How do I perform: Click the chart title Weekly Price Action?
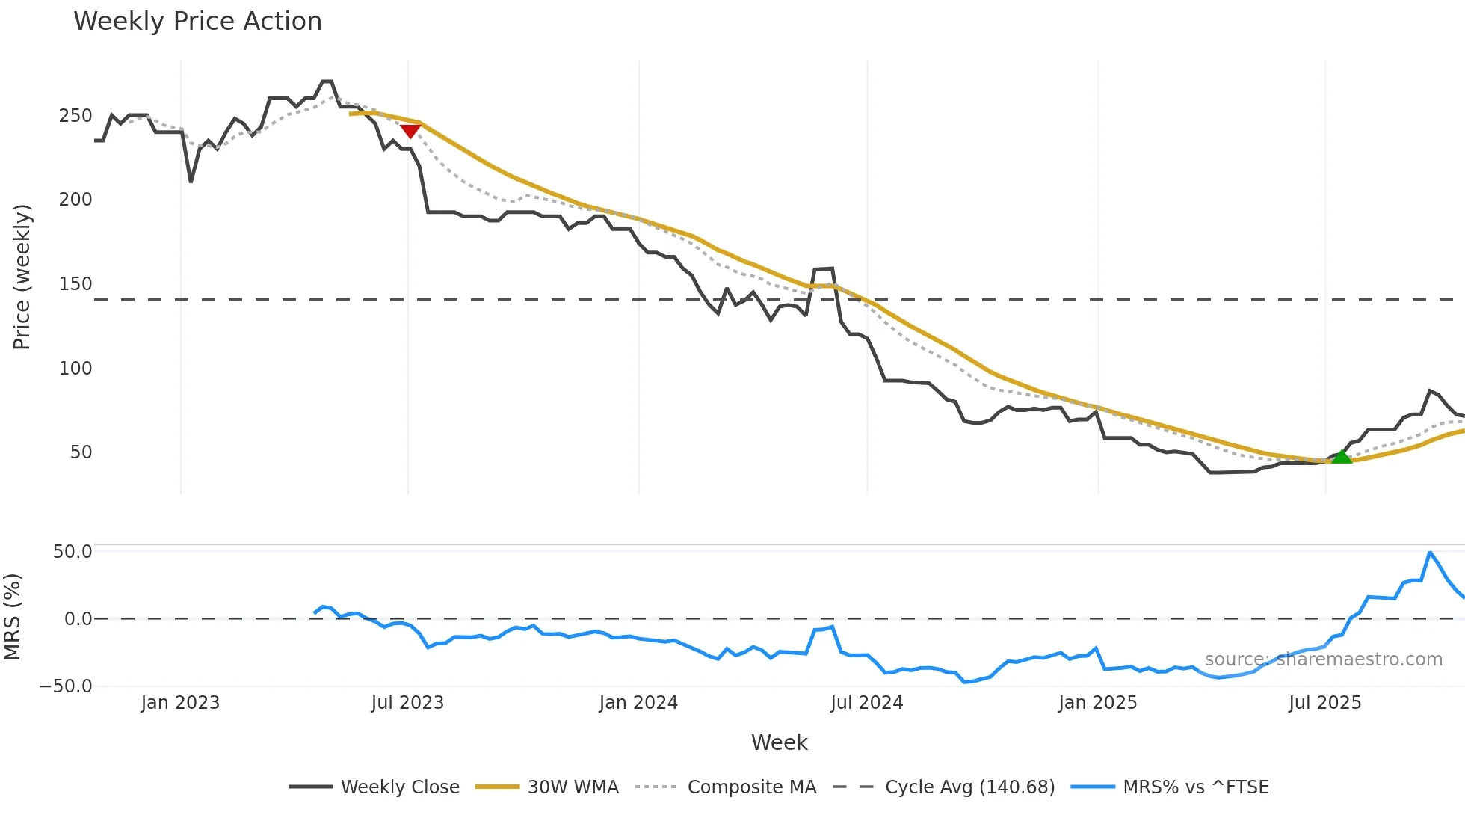point(197,22)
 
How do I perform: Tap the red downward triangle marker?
point(410,132)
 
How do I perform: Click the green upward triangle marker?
point(1342,456)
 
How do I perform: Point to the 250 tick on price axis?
point(75,116)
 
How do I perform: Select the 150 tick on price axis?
point(75,284)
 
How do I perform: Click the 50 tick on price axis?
point(81,452)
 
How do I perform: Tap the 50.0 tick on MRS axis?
point(73,552)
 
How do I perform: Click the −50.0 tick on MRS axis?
point(66,686)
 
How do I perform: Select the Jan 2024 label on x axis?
point(638,703)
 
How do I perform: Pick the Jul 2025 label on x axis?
point(1324,703)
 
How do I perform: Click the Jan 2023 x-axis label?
point(180,703)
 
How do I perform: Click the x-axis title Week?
point(779,742)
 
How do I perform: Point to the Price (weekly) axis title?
point(22,277)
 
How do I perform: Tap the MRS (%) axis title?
point(12,617)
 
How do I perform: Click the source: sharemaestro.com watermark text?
point(1323,659)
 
